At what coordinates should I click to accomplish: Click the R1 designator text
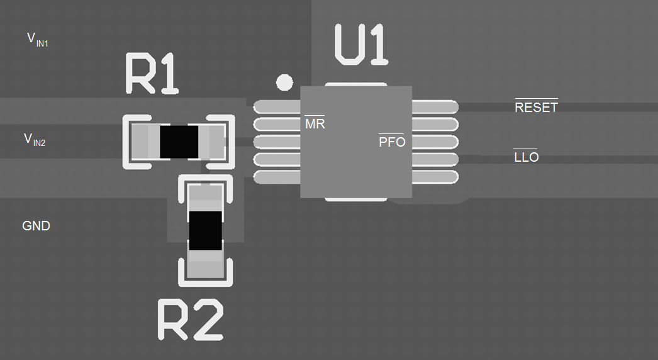point(152,74)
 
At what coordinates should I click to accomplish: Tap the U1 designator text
point(361,45)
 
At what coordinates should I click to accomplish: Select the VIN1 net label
point(38,40)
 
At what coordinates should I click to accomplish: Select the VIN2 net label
point(35,140)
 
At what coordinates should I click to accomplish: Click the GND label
point(36,226)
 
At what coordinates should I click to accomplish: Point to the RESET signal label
point(536,107)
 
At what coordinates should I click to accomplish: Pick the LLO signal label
point(526,157)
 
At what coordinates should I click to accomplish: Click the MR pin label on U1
point(315,123)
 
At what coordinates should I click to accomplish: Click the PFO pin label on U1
point(391,142)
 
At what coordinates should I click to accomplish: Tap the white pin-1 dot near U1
point(284,82)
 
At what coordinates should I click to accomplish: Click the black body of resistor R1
point(179,142)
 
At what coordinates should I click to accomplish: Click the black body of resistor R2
point(206,230)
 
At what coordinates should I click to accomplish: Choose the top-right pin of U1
point(435,107)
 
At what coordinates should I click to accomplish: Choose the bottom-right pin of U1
point(435,177)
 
